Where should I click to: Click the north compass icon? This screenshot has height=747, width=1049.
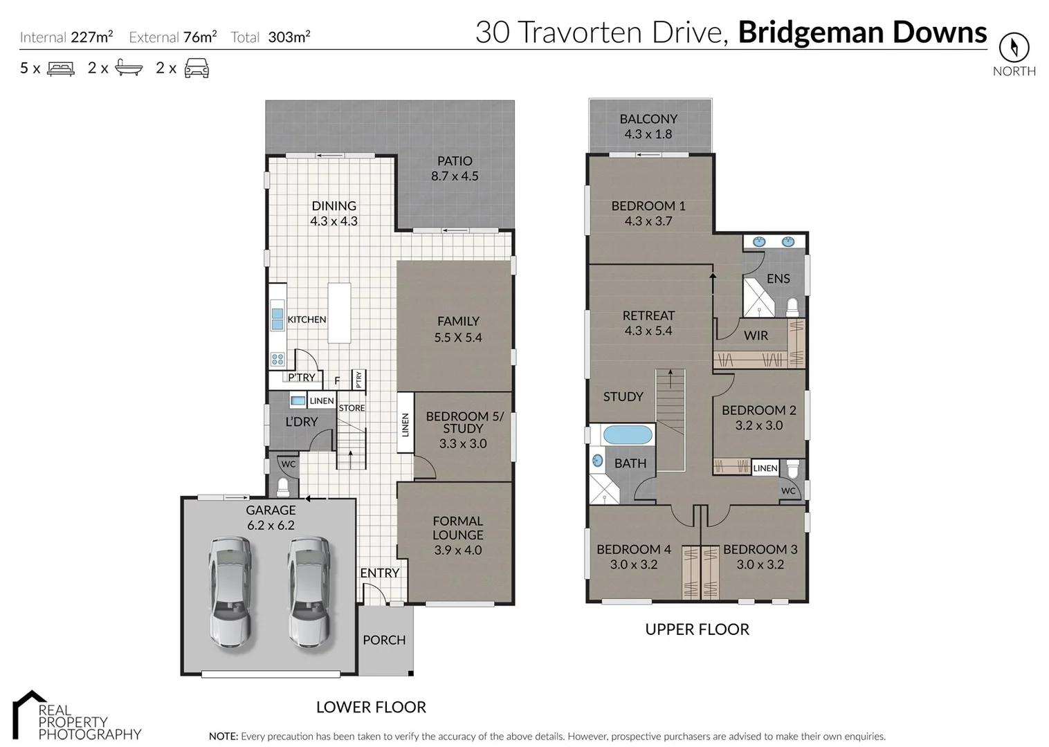coord(1014,47)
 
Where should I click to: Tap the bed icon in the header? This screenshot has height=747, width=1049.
coord(60,68)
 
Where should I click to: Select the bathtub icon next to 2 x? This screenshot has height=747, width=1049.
coord(129,68)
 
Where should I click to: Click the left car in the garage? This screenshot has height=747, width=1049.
coord(230,591)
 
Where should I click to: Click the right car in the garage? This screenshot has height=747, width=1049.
coord(309,591)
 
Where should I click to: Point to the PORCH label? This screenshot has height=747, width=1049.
coord(384,640)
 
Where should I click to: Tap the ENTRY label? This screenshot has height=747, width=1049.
coord(379,573)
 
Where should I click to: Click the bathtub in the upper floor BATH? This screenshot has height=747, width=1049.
coord(628,435)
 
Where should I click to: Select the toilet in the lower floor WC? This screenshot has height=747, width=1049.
coord(283,486)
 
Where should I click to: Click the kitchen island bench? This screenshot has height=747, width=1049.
coord(339,313)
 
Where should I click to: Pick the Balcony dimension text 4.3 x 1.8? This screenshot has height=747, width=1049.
coord(648,134)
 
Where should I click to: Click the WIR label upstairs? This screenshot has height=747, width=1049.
coord(756,335)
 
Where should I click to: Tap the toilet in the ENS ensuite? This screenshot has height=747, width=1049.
coord(793,306)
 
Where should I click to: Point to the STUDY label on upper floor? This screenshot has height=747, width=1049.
coord(623,396)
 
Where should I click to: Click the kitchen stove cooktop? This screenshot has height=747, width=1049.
coord(277,359)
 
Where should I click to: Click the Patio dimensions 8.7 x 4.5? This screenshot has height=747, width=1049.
coord(455,176)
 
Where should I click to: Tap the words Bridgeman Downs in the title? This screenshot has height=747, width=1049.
coord(862,33)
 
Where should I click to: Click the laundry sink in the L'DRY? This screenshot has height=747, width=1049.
coord(298,401)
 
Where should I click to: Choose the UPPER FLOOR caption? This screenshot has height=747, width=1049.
coord(697,629)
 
